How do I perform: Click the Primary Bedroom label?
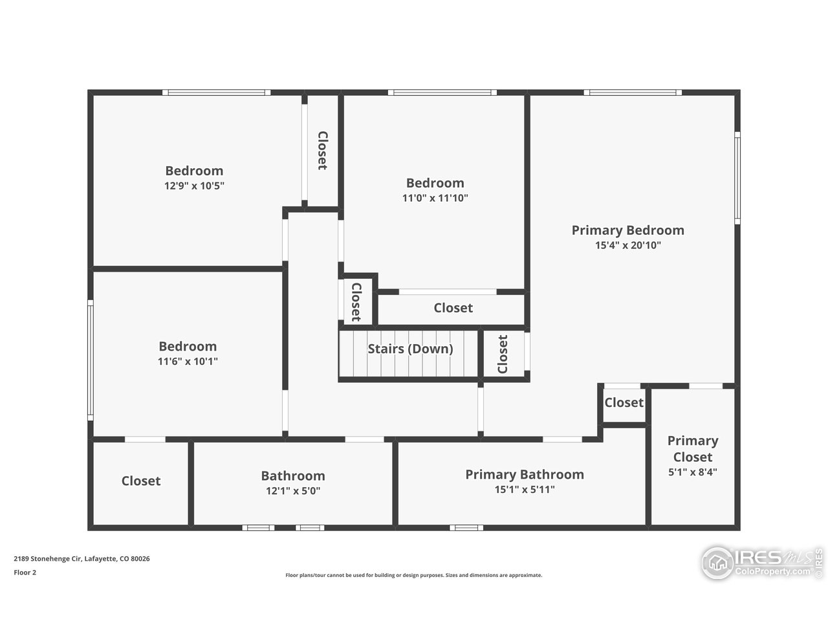pyautogui.click(x=627, y=230)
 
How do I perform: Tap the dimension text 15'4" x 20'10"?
pyautogui.click(x=627, y=246)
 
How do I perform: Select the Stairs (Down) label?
pyautogui.click(x=410, y=349)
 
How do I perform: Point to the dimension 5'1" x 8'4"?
pyautogui.click(x=693, y=472)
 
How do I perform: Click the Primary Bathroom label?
pyautogui.click(x=525, y=475)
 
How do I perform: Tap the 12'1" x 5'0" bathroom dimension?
pyautogui.click(x=293, y=491)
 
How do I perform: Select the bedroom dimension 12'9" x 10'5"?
pyautogui.click(x=194, y=186)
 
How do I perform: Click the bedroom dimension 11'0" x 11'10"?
pyautogui.click(x=435, y=199)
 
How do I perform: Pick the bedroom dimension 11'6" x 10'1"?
pyautogui.click(x=188, y=362)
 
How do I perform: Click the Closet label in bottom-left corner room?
pyautogui.click(x=141, y=481)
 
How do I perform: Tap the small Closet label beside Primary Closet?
pyautogui.click(x=624, y=403)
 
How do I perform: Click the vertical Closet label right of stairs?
pyautogui.click(x=503, y=354)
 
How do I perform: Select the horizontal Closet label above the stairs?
pyautogui.click(x=453, y=309)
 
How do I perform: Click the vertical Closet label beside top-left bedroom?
pyautogui.click(x=322, y=151)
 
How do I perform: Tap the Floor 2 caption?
pyautogui.click(x=25, y=572)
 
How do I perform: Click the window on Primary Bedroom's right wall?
pyautogui.click(x=737, y=178)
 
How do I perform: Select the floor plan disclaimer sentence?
pyautogui.click(x=414, y=575)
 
